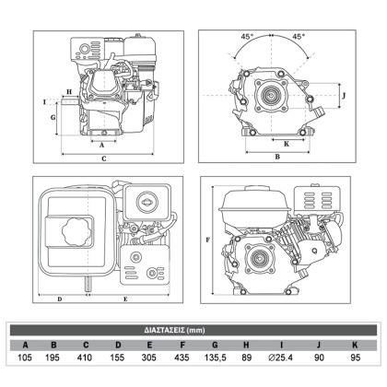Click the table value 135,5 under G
(x=216, y=358)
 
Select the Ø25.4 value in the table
(x=280, y=358)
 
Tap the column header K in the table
(x=355, y=345)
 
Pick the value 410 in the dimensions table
(x=85, y=358)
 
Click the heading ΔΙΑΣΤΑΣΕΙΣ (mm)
(x=174, y=330)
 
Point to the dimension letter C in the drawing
(x=104, y=158)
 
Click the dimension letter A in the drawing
(x=102, y=145)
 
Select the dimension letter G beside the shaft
(x=53, y=117)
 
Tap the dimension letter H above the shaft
(x=69, y=91)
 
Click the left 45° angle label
(x=247, y=37)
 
